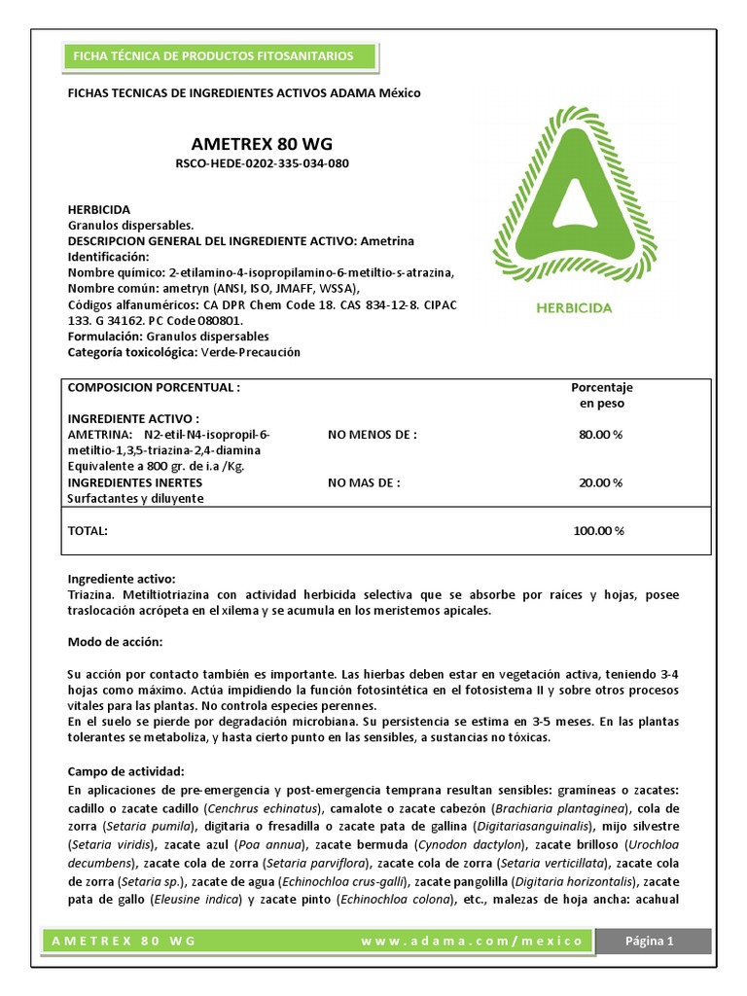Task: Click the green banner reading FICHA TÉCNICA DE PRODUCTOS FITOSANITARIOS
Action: [209, 56]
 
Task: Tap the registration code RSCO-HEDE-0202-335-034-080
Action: [262, 163]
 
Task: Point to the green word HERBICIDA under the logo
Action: [574, 308]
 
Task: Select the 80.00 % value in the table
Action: [600, 434]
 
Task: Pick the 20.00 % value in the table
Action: [600, 481]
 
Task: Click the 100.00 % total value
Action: [598, 531]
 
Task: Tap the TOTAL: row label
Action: [87, 531]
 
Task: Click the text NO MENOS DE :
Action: [373, 434]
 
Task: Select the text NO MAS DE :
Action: [364, 481]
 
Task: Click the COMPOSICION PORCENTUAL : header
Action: [153, 387]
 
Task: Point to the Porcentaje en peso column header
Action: [601, 395]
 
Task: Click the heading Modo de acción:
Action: [115, 643]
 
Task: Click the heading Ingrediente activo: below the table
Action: [122, 579]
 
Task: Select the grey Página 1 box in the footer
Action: [651, 941]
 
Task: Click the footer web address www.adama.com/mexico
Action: [472, 942]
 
